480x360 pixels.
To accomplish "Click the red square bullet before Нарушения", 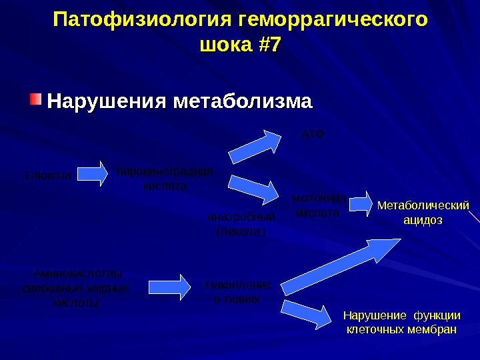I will pyautogui.click(x=35, y=101).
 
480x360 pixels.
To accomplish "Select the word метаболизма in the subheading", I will pyautogui.click(x=243, y=102).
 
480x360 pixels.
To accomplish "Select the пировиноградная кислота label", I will pyautogui.click(x=165, y=179).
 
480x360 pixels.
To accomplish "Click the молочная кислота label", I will pyautogui.click(x=318, y=205).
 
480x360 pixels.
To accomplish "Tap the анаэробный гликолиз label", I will pyautogui.click(x=241, y=224).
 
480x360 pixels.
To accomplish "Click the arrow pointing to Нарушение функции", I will pyautogui.click(x=306, y=313).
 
